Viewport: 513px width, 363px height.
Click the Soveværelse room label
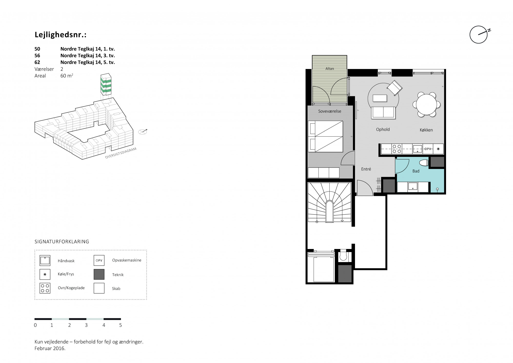tap(330, 111)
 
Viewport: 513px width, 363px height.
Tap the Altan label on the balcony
tap(330, 69)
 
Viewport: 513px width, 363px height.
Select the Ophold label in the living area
tap(383, 130)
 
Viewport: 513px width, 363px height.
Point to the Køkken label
tap(426, 130)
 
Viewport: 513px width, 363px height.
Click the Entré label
tap(366, 169)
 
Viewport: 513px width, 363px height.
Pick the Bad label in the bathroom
tap(416, 171)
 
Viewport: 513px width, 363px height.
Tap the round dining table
tap(426, 104)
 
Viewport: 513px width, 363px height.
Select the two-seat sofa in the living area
tap(383, 113)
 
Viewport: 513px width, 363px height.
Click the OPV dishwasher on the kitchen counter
tap(428, 149)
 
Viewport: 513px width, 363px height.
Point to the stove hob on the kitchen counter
tap(397, 149)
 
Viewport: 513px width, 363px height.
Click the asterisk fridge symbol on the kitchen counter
tap(438, 149)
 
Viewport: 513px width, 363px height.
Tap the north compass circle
tap(478, 35)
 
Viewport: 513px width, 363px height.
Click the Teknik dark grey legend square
tap(99, 274)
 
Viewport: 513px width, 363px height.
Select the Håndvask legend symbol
tap(45, 260)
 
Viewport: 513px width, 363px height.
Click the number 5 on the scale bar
tap(121, 325)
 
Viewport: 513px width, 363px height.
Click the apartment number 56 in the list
tap(37, 55)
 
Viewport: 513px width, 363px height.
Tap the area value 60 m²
tap(67, 76)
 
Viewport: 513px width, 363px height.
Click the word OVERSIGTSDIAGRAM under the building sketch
tap(121, 153)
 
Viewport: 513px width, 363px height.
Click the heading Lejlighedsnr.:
tap(61, 35)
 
